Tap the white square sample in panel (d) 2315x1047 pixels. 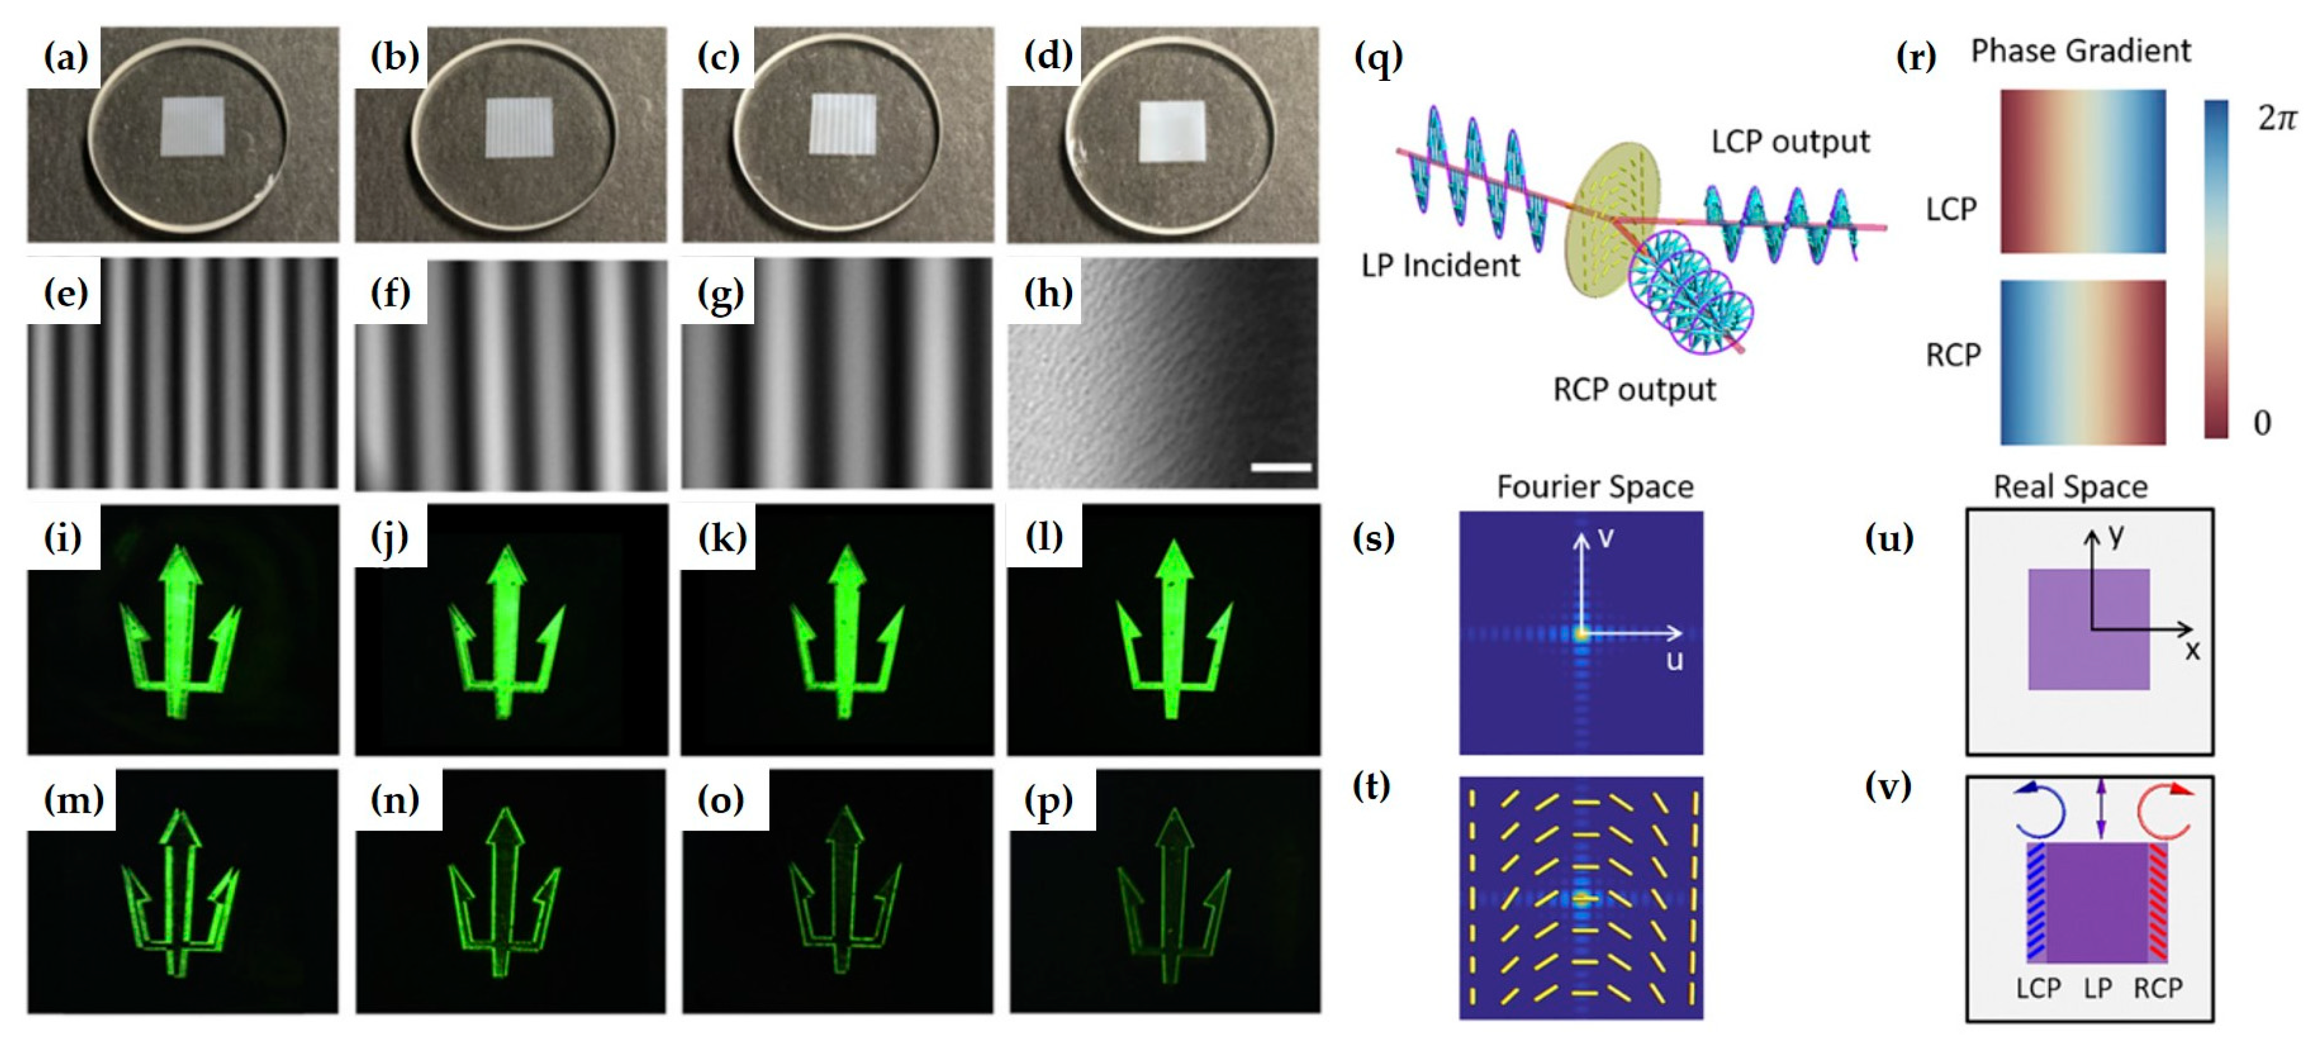click(x=1172, y=131)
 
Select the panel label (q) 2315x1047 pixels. click(x=1378, y=59)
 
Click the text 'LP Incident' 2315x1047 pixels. click(x=1440, y=266)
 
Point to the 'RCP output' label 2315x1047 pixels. click(x=1634, y=390)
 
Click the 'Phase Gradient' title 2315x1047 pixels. click(x=2081, y=51)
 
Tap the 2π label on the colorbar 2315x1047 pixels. click(x=2277, y=118)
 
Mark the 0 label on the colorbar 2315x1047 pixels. click(x=2262, y=422)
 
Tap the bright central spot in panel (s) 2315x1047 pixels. click(x=1581, y=633)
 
